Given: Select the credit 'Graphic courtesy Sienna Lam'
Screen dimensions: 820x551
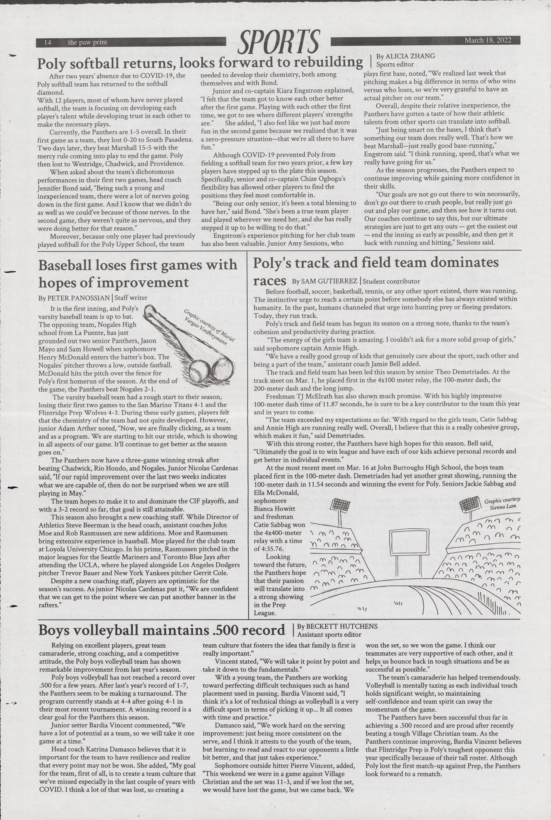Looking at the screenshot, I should pyautogui.click(x=503, y=503).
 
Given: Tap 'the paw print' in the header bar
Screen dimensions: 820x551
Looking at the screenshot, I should pyautogui.click(x=87, y=43).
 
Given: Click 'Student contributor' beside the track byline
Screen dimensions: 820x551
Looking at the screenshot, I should pyautogui.click(x=391, y=281).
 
